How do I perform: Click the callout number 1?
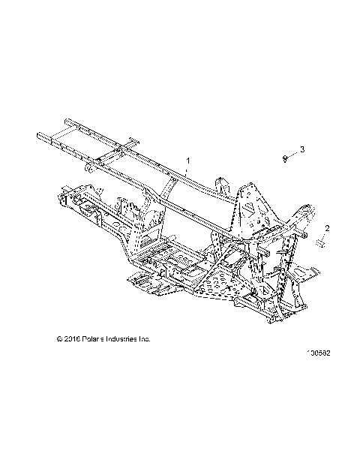[x=188, y=161]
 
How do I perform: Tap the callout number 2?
[x=327, y=227]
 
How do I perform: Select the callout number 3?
[x=303, y=150]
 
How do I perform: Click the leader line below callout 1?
[x=187, y=172]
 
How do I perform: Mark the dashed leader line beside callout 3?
[x=294, y=154]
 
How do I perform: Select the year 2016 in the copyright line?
[x=73, y=339]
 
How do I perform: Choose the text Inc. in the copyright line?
[x=146, y=339]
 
